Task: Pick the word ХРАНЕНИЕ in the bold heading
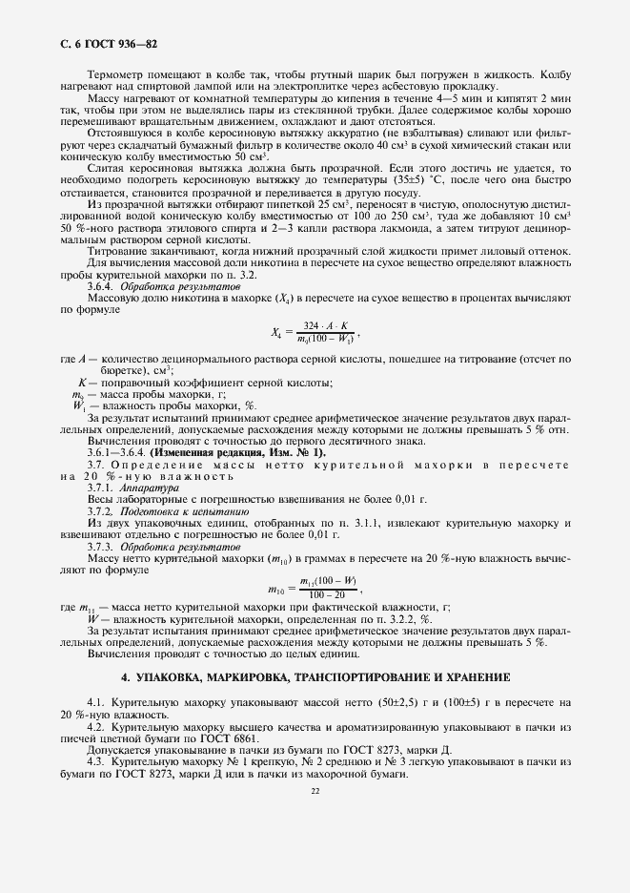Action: click(474, 676)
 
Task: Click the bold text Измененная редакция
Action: click(228, 451)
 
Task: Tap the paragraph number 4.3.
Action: click(96, 762)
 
